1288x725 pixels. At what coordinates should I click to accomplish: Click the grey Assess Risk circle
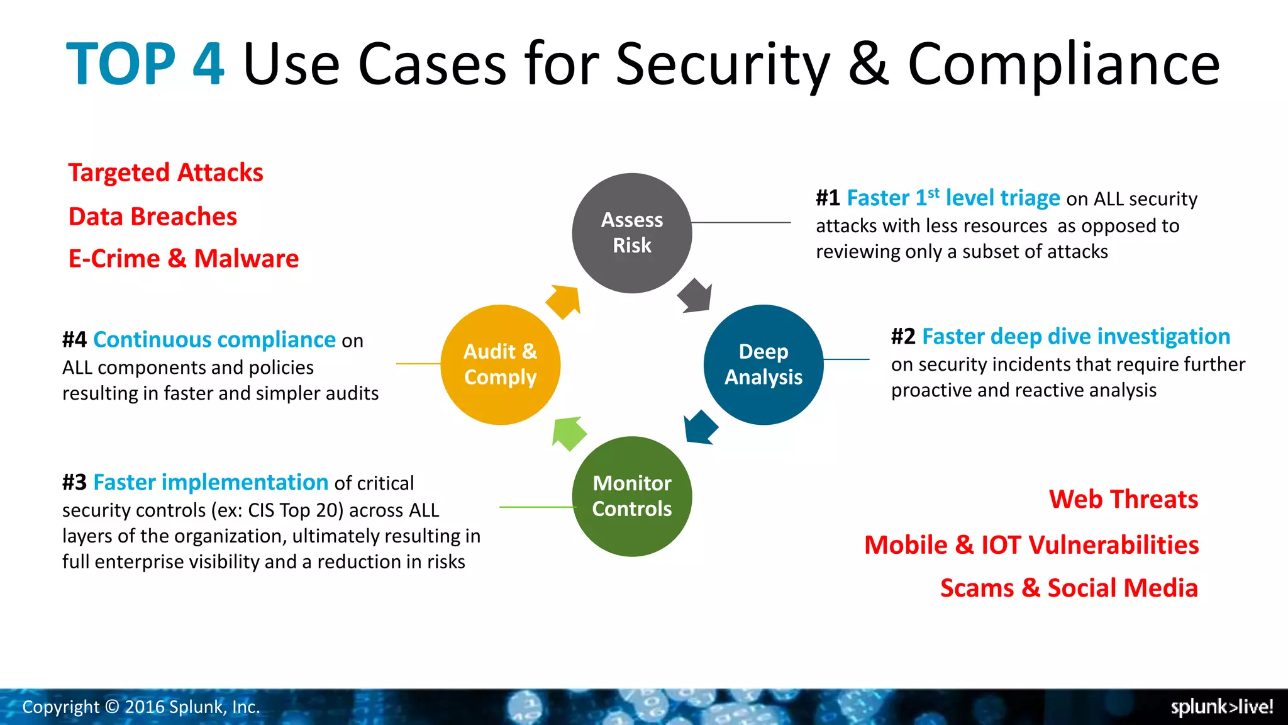tap(631, 233)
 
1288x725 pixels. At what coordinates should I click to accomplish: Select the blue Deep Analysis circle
tap(763, 364)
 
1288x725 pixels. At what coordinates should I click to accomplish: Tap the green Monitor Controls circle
tap(631, 496)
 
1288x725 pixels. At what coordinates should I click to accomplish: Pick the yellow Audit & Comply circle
tap(500, 364)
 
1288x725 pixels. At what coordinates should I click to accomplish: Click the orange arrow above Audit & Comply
tap(563, 301)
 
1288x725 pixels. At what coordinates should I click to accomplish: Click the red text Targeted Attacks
tap(165, 172)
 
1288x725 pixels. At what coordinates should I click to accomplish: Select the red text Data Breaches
tap(153, 216)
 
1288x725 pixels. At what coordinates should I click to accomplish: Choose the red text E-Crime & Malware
tap(184, 259)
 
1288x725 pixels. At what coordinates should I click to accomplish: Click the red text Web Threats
tap(1123, 499)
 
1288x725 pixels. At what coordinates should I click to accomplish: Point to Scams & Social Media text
tap(1069, 588)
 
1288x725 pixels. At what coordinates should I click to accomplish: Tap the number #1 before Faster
tap(828, 198)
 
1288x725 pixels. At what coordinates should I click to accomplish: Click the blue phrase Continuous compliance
tap(214, 340)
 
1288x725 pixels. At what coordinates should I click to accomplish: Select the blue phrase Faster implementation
tap(211, 483)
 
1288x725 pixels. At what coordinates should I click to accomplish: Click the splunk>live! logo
tap(1221, 707)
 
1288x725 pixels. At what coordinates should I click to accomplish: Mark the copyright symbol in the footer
tap(112, 707)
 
